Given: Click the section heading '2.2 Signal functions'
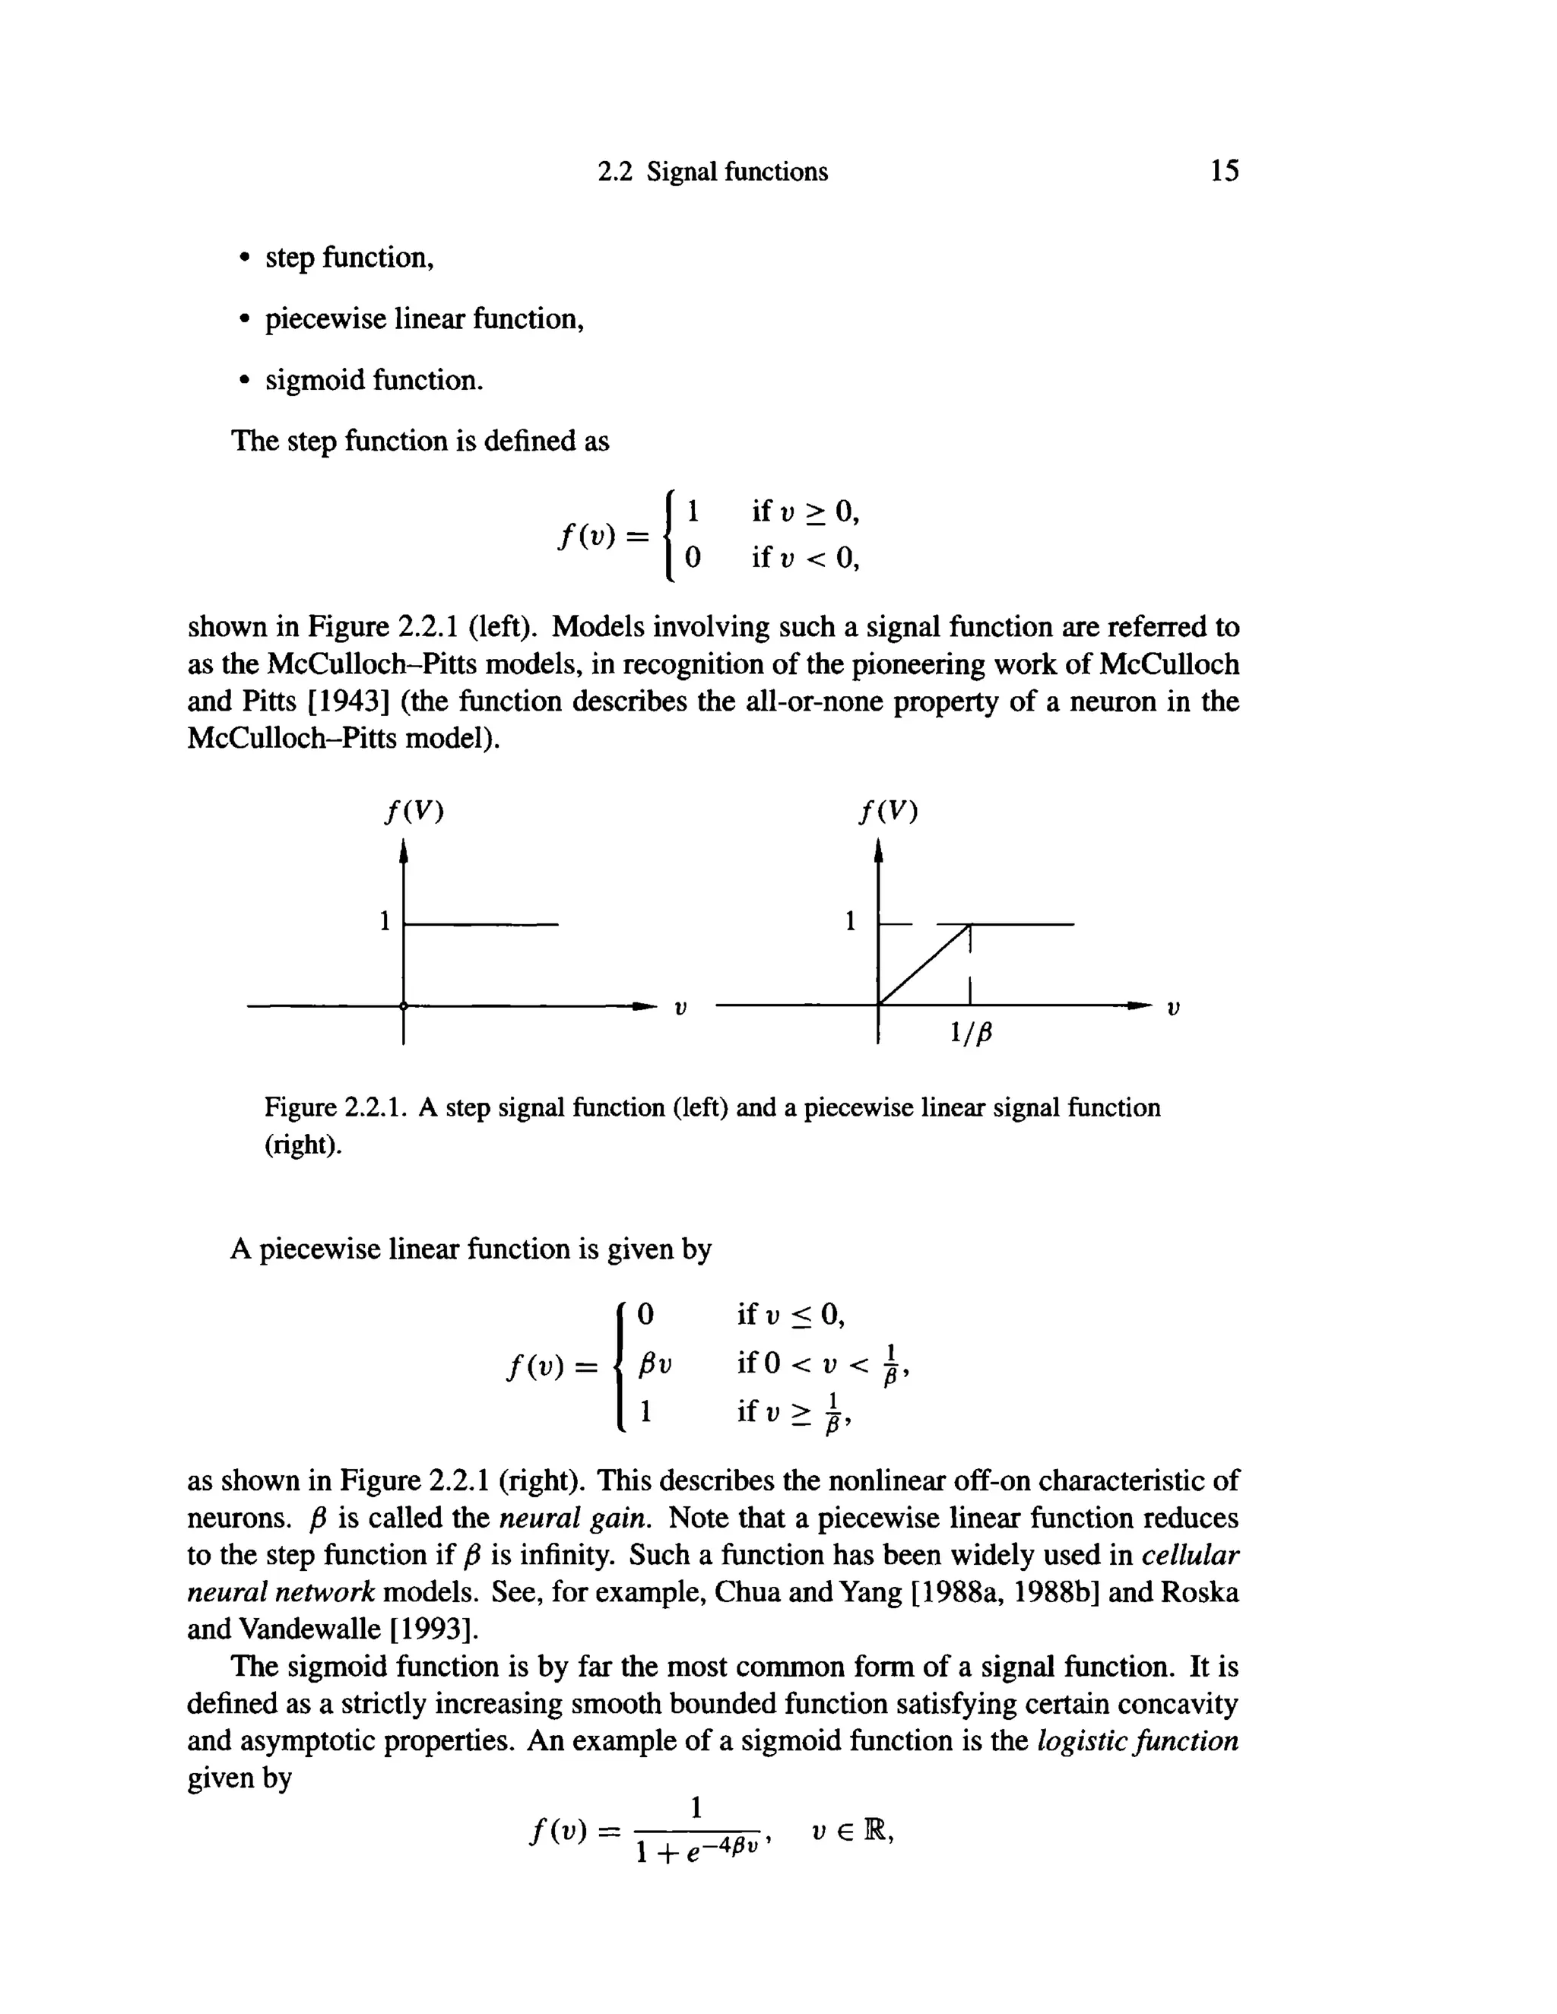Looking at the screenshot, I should pyautogui.click(x=713, y=173).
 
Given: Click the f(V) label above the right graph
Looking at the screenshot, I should pyautogui.click(x=888, y=812).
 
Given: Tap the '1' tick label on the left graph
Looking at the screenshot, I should pyautogui.click(x=385, y=921).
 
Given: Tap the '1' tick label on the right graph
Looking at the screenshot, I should pyautogui.click(x=851, y=920).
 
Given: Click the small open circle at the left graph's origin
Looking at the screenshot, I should pyautogui.click(x=403, y=1006).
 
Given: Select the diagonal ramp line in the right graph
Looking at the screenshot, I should pyautogui.click(x=923, y=965).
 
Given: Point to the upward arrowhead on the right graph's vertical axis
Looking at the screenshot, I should pyautogui.click(x=878, y=851).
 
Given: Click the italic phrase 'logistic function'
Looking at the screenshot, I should pyautogui.click(x=1137, y=1741).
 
